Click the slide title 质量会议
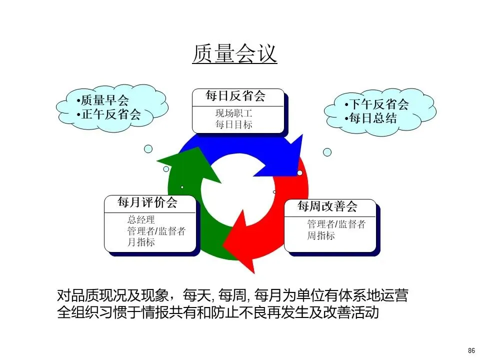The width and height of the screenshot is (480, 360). pyautogui.click(x=234, y=54)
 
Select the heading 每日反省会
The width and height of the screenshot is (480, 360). pyautogui.click(x=235, y=96)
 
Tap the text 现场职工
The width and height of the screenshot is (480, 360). pyautogui.click(x=234, y=113)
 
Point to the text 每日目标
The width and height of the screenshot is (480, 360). pyautogui.click(x=234, y=124)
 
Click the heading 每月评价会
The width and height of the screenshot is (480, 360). pyautogui.click(x=147, y=202)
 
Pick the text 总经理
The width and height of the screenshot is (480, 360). pyautogui.click(x=141, y=220)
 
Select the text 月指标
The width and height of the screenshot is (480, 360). pyautogui.click(x=141, y=242)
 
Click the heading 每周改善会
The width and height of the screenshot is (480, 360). pyautogui.click(x=327, y=206)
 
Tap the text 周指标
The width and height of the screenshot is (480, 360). pyautogui.click(x=321, y=235)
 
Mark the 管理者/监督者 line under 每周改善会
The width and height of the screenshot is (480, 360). pyautogui.click(x=336, y=224)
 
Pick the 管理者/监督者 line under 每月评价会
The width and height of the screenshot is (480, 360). pyautogui.click(x=156, y=231)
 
